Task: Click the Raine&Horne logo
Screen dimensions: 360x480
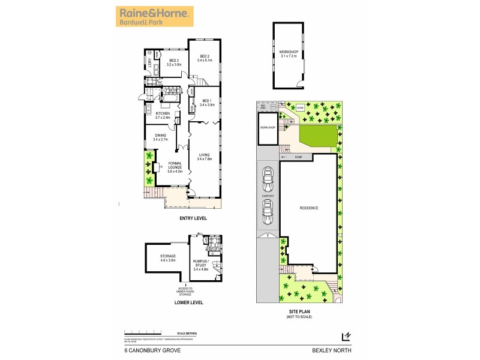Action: tap(155, 16)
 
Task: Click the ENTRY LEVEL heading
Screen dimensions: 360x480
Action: tap(193, 218)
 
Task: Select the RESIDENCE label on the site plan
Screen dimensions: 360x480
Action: tap(309, 208)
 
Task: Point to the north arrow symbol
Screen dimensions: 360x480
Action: tap(345, 337)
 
